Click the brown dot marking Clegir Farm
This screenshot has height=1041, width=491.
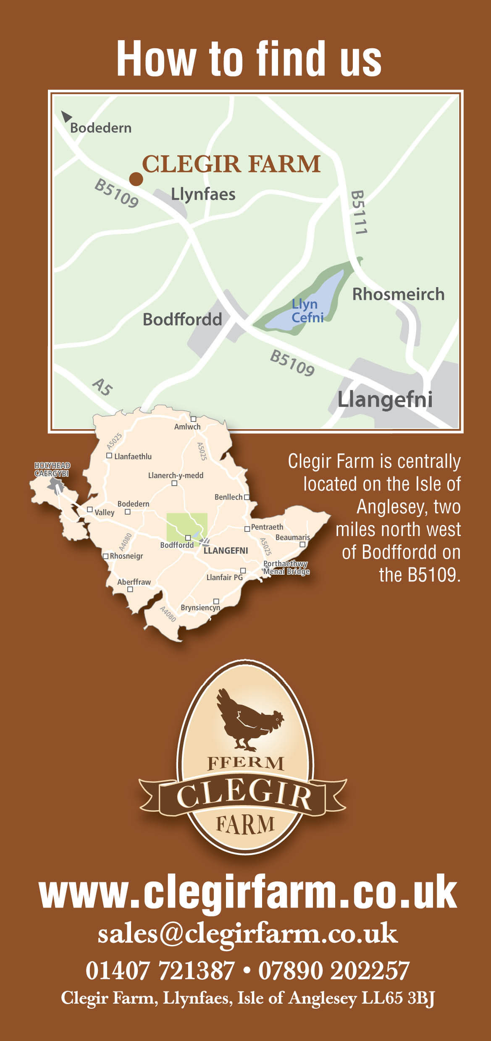(x=136, y=179)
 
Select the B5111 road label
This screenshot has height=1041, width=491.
(x=358, y=212)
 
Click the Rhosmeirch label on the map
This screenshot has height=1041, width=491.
(x=398, y=294)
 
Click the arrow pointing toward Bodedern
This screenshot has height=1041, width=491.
(x=66, y=116)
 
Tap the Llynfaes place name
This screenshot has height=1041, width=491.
(x=203, y=194)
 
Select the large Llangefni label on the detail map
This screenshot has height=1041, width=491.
(x=385, y=399)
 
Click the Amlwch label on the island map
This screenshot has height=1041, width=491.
(x=187, y=426)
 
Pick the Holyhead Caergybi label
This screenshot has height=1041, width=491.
(x=52, y=469)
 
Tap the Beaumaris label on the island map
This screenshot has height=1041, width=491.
(x=292, y=537)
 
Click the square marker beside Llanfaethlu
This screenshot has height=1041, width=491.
(x=109, y=455)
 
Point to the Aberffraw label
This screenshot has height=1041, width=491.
(x=134, y=582)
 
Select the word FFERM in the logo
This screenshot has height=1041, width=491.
(x=246, y=763)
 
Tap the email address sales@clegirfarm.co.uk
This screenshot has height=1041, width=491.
(x=248, y=933)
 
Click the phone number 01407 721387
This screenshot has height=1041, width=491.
(x=160, y=970)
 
